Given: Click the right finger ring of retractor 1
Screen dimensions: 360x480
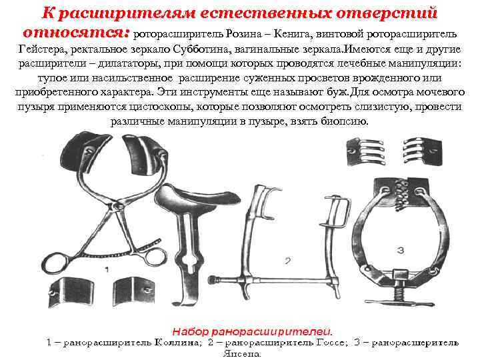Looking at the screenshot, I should click(x=149, y=255).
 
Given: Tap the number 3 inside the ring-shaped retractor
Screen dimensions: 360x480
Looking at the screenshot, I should click(x=400, y=250).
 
